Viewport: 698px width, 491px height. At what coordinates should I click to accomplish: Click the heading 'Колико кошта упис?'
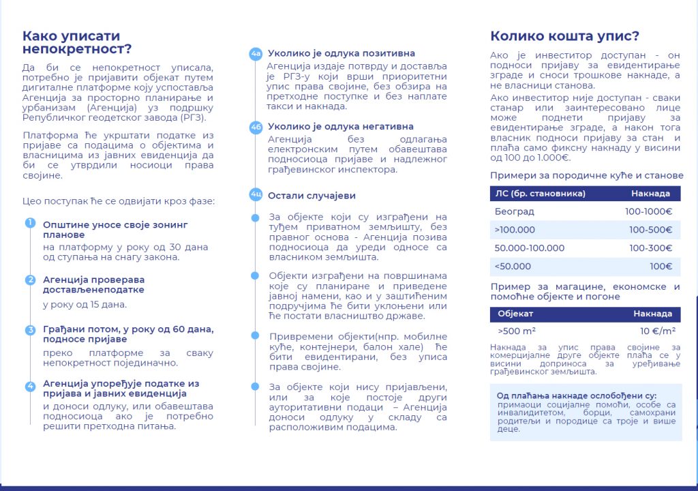[x=565, y=37]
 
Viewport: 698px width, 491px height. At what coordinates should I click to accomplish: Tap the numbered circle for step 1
[x=30, y=223]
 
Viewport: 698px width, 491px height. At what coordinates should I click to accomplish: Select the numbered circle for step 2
[x=30, y=280]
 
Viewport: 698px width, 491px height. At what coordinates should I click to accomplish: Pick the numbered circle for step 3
[x=30, y=330]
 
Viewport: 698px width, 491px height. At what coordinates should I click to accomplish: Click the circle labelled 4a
[x=256, y=54]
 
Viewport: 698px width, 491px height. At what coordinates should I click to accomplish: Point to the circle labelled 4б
[x=256, y=128]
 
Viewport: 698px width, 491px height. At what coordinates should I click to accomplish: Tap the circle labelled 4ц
[x=256, y=195]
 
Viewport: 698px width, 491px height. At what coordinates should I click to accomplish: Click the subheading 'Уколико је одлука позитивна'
[x=341, y=53]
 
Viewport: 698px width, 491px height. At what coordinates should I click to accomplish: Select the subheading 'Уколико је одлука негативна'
[x=340, y=127]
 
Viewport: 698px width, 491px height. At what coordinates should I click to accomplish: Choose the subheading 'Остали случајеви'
[x=312, y=195]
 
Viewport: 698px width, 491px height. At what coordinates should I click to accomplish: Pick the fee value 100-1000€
[x=648, y=211]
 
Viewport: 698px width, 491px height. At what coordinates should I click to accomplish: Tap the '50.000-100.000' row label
[x=529, y=248]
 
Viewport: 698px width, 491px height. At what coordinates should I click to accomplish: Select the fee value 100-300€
[x=650, y=248]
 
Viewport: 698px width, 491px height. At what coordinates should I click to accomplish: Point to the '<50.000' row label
[x=513, y=267]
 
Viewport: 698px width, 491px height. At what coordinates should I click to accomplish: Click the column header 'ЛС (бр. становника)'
[x=540, y=193]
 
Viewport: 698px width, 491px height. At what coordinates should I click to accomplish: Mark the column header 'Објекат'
[x=515, y=314]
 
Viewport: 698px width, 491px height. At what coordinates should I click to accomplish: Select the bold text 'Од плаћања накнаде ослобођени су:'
[x=576, y=396]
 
